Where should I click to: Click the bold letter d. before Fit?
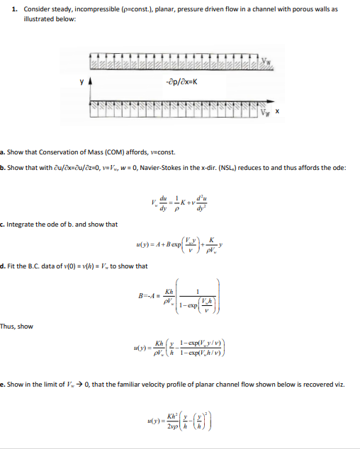click(x=3, y=266)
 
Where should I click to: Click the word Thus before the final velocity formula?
click(x=7, y=326)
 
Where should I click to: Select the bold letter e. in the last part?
click(x=3, y=383)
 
